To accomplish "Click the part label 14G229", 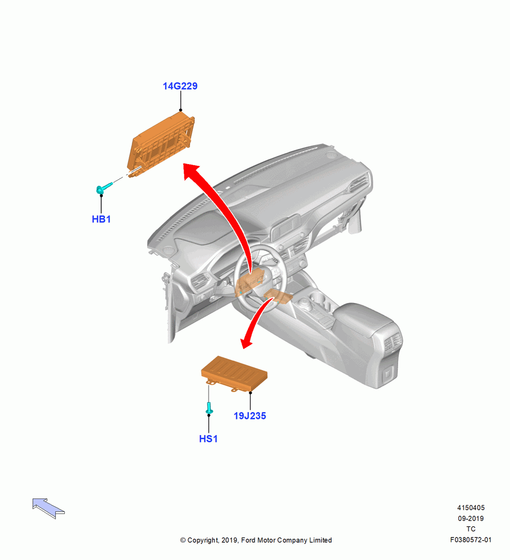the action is (180, 86).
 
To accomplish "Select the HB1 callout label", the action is (101, 220).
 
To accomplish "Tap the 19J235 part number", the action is (249, 416).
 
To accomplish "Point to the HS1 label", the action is (208, 439).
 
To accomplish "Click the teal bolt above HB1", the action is (104, 188).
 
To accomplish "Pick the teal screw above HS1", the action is (209, 408).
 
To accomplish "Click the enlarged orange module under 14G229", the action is (161, 144).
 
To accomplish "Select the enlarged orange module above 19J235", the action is (234, 373).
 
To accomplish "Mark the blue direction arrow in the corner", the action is (48, 508).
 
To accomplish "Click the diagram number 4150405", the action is (471, 508).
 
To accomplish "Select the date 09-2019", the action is (471, 519).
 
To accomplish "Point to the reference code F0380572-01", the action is (471, 540).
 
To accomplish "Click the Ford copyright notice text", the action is (256, 540).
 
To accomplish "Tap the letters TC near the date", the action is (471, 529).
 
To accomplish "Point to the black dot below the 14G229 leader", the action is (181, 110).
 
